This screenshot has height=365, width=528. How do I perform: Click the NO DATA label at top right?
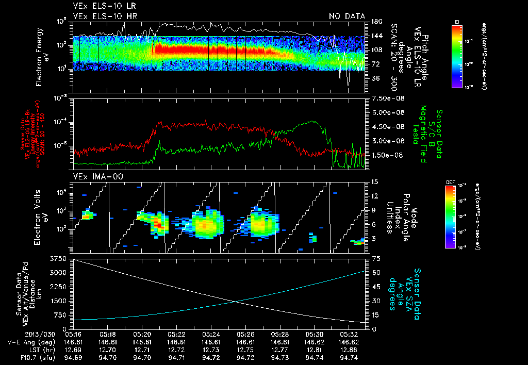346,16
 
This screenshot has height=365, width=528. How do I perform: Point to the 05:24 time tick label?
211,335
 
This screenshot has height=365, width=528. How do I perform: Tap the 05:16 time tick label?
74,335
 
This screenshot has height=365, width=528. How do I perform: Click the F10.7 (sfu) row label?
21,357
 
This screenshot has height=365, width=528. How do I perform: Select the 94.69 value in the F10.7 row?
74,357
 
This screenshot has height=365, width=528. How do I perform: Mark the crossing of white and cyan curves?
235,302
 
